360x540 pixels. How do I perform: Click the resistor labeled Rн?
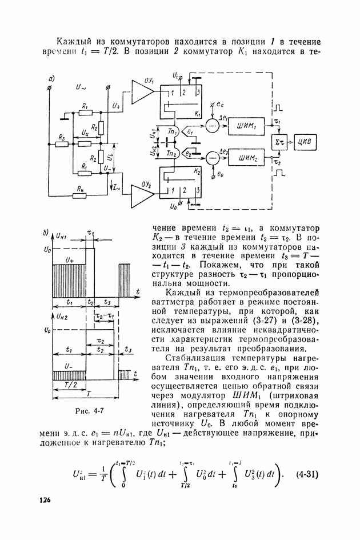click(x=78, y=196)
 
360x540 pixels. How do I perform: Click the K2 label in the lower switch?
click(x=197, y=171)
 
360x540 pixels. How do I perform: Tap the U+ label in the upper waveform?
click(x=70, y=260)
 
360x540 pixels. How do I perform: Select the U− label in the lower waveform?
click(x=69, y=365)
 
